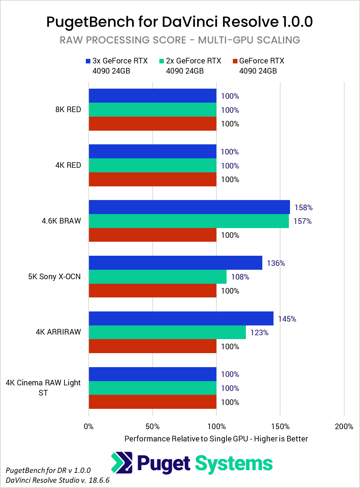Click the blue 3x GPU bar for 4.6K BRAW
click(x=189, y=207)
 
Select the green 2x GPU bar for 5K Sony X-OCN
click(x=158, y=277)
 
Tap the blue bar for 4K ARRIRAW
click(x=181, y=318)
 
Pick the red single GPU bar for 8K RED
click(x=152, y=124)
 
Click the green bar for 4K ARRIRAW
click(x=167, y=332)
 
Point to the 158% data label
click(x=303, y=207)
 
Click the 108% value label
click(x=240, y=277)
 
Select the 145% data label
click(x=287, y=319)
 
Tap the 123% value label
click(x=259, y=333)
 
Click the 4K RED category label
click(x=68, y=165)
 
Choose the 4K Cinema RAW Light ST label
click(x=43, y=387)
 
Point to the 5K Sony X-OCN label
click(x=54, y=277)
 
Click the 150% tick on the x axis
click(x=280, y=426)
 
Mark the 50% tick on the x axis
click(x=152, y=426)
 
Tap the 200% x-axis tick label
click(x=344, y=426)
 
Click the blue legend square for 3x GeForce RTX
click(x=88, y=61)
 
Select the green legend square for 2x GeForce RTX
click(x=161, y=61)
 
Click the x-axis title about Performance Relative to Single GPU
click(x=216, y=439)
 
